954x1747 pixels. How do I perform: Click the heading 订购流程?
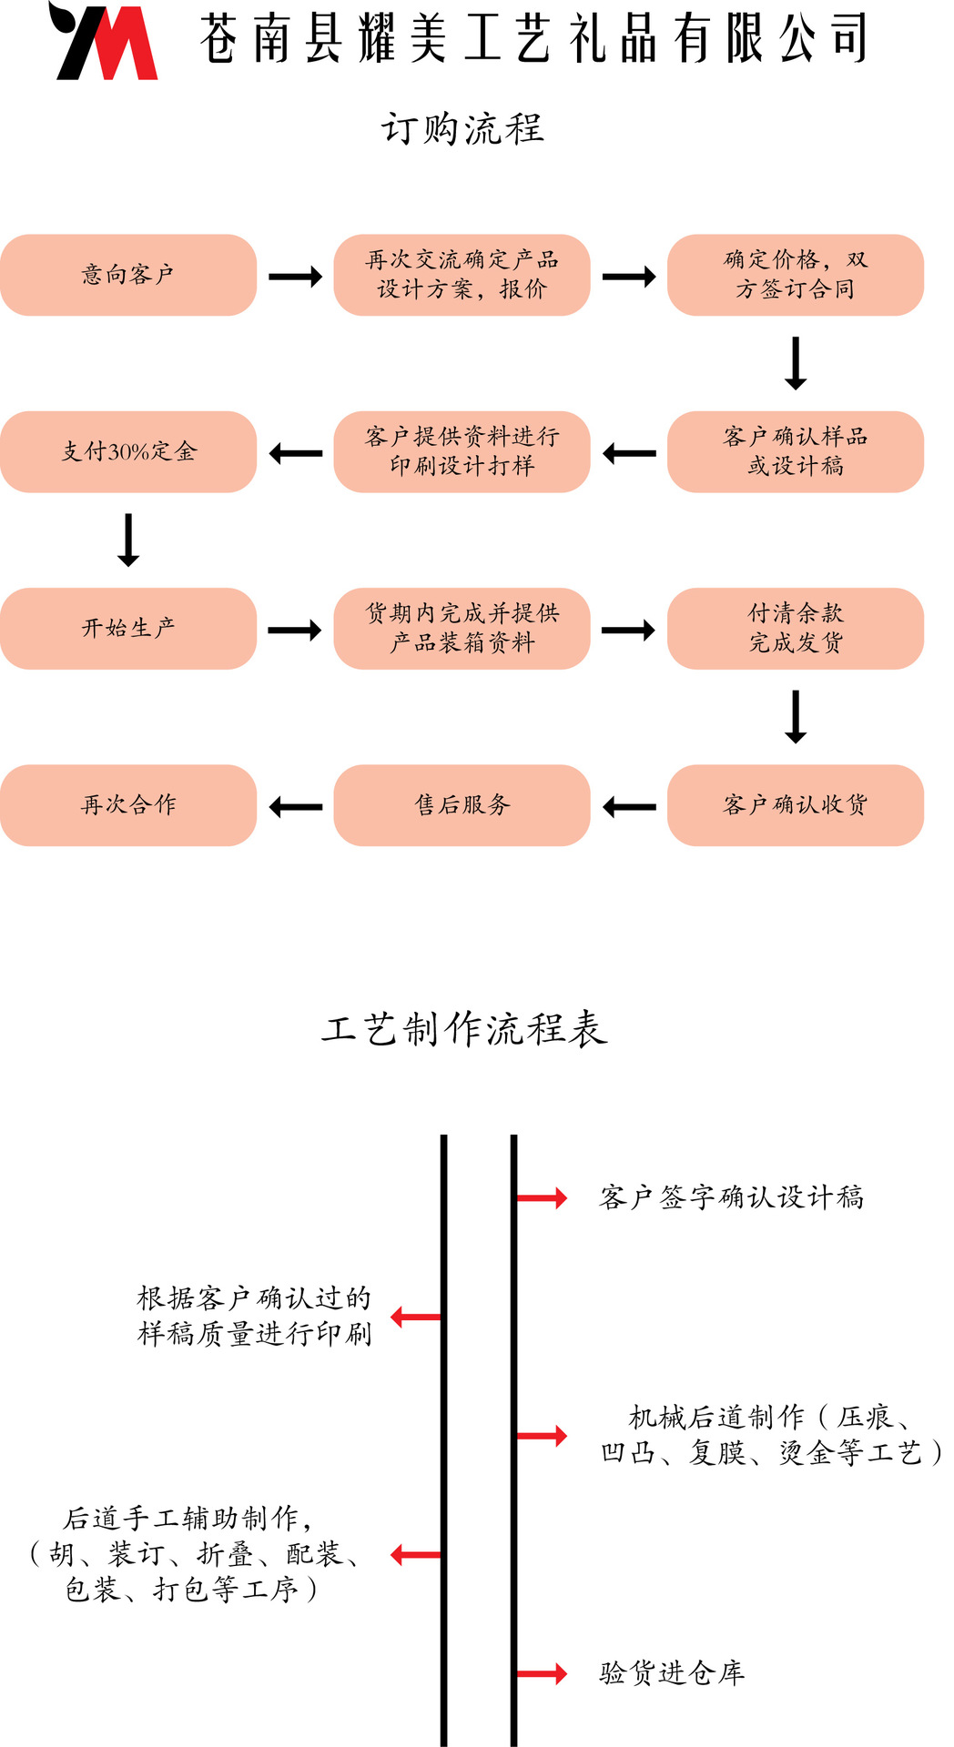click(x=462, y=128)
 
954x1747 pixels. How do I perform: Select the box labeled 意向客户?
click(x=128, y=275)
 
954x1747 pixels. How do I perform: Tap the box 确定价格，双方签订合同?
click(x=795, y=275)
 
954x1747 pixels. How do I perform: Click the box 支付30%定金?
click(x=128, y=451)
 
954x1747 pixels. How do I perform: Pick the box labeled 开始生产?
click(x=128, y=628)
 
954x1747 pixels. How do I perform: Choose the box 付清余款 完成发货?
click(x=795, y=628)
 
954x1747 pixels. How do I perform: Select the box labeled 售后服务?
click(x=462, y=804)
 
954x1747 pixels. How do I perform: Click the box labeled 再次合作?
click(x=128, y=804)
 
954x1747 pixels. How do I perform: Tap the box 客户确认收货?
click(x=795, y=804)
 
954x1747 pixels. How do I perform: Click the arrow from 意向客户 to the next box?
click(x=295, y=277)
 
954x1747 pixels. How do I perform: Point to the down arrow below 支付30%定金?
click(x=128, y=540)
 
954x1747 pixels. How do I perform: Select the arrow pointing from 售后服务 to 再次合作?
click(x=296, y=806)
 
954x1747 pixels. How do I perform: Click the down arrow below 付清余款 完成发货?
click(x=796, y=716)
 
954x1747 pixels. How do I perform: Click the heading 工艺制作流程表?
click(x=463, y=1029)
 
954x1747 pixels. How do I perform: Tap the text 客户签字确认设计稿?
click(x=731, y=1197)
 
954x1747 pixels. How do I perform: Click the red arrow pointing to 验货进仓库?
click(x=542, y=1673)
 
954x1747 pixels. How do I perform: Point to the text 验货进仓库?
click(x=672, y=1672)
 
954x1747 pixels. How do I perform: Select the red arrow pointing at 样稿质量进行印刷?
click(x=416, y=1316)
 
